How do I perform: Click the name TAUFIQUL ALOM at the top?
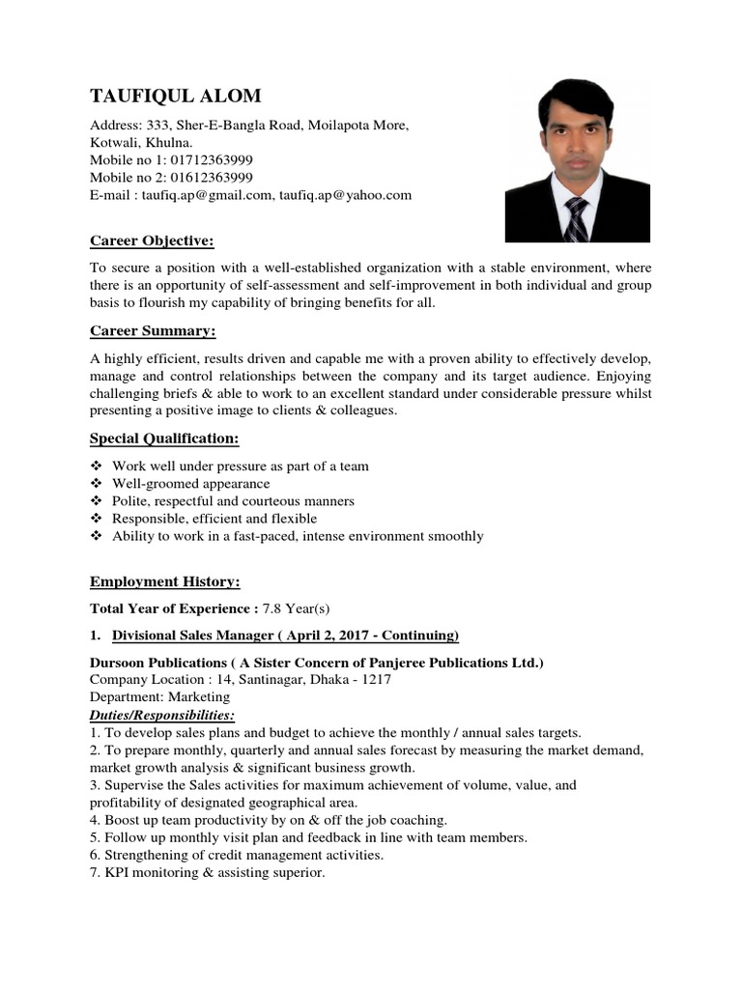pyautogui.click(x=175, y=96)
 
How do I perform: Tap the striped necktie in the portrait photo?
pyautogui.click(x=576, y=220)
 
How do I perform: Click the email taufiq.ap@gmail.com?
pyautogui.click(x=207, y=194)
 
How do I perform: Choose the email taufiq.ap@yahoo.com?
pyautogui.click(x=346, y=194)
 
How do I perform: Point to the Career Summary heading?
pyautogui.click(x=153, y=331)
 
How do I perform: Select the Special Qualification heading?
pyautogui.click(x=164, y=438)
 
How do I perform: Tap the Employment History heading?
pyautogui.click(x=164, y=581)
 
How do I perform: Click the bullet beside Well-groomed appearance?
pyautogui.click(x=96, y=484)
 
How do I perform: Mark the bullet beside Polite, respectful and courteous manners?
pyautogui.click(x=96, y=501)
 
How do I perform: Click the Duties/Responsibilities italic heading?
pyautogui.click(x=161, y=715)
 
